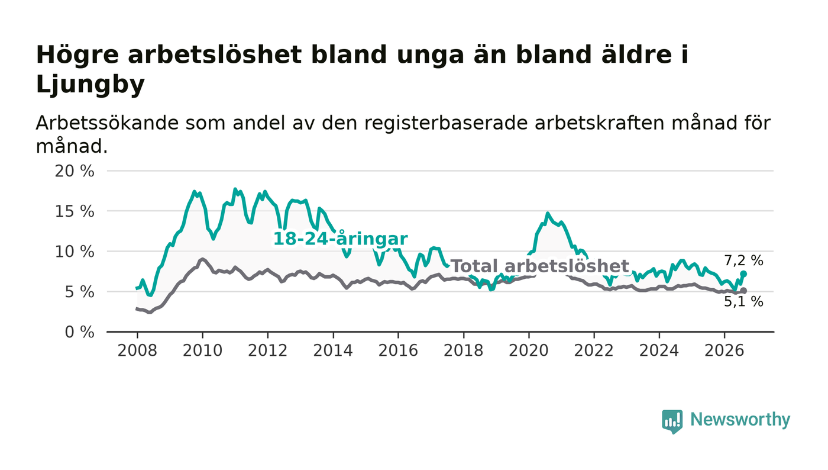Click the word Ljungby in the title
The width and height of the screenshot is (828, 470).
90,85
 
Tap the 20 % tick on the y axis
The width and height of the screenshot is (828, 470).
75,171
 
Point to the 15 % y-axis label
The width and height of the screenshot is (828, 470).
75,212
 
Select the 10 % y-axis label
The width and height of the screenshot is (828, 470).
75,252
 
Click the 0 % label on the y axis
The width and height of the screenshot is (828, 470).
79,332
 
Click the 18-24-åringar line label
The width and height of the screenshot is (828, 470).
340,239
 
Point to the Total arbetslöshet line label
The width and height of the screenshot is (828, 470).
540,266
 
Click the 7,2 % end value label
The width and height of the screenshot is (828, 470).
743,260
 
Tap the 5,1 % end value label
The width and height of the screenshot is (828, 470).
743,302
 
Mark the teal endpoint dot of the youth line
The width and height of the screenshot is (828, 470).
743,274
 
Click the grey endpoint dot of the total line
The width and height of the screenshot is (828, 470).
743,291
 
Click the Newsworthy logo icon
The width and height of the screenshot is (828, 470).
672,421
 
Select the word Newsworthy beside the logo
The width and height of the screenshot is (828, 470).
740,420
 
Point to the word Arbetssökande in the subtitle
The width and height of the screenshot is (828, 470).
107,123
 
